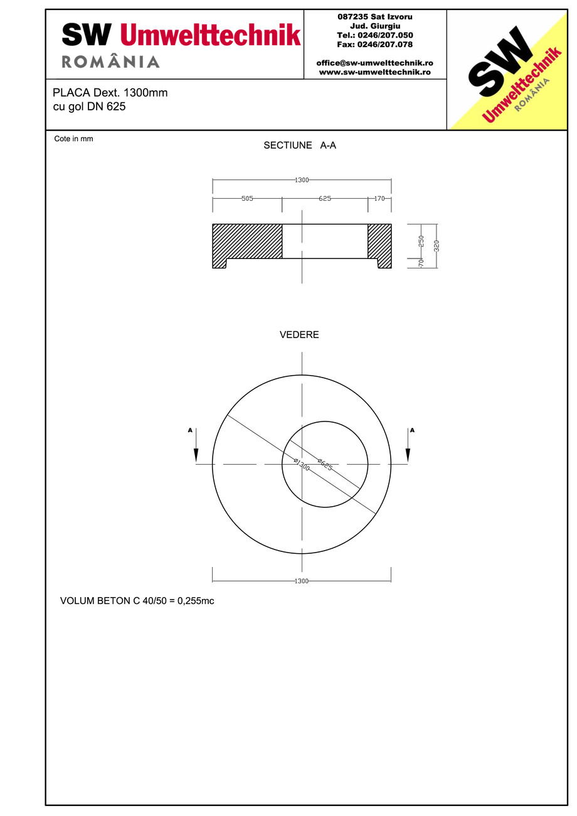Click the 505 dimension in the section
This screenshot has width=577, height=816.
tap(247, 198)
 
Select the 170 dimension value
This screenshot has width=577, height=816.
tap(379, 198)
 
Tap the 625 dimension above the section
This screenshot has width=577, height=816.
tap(324, 198)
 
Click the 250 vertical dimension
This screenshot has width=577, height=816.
tap(421, 241)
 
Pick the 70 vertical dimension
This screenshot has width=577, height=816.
tap(421, 262)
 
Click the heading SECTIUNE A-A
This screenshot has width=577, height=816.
tap(300, 146)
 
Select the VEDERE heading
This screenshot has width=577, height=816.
tap(299, 335)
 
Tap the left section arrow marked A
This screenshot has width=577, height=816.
tap(196, 446)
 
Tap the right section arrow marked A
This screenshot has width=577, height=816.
tap(408, 446)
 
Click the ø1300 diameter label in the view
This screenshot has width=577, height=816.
tap(302, 465)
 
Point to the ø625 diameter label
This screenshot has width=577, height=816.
tap(324, 465)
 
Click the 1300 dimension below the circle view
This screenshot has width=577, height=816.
tap(302, 581)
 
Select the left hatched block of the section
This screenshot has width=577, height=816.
tap(247, 241)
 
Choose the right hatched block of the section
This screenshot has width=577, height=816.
tap(379, 241)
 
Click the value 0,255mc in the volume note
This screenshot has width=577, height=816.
tap(196, 601)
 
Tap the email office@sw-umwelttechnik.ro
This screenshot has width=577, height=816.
tap(374, 63)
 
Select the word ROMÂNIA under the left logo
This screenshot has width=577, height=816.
tap(110, 62)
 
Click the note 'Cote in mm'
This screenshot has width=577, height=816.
tap(73, 139)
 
